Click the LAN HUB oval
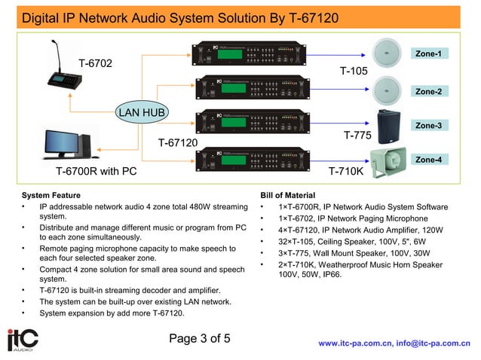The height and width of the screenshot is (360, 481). pos(142,114)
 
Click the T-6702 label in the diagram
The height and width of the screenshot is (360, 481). pos(95,63)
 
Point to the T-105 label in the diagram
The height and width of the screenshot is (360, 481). pos(354,72)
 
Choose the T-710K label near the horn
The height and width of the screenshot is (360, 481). pos(346,171)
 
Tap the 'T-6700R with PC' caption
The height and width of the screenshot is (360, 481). pos(96,171)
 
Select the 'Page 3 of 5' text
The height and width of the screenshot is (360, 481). pos(200,338)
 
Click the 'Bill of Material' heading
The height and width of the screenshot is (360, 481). pos(287,195)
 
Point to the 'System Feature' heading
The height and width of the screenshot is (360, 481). pos(51,195)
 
